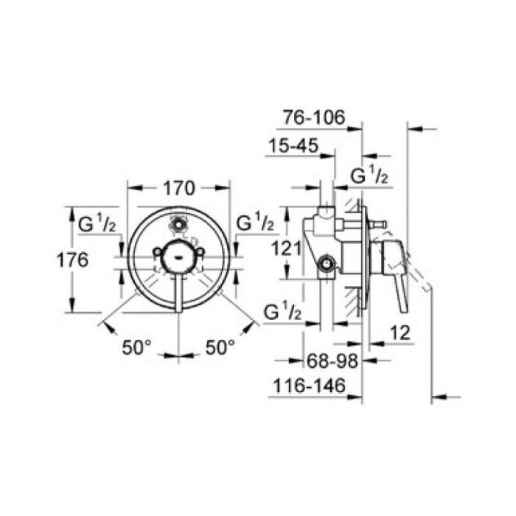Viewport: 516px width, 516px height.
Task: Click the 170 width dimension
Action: point(178,189)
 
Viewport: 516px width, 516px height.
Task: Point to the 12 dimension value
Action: point(400,333)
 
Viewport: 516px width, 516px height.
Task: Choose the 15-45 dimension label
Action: point(293,147)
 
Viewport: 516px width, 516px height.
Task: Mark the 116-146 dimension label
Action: point(308,388)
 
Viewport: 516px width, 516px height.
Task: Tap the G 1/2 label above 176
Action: point(97,223)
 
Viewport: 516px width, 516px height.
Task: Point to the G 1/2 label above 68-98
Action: point(282,313)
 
